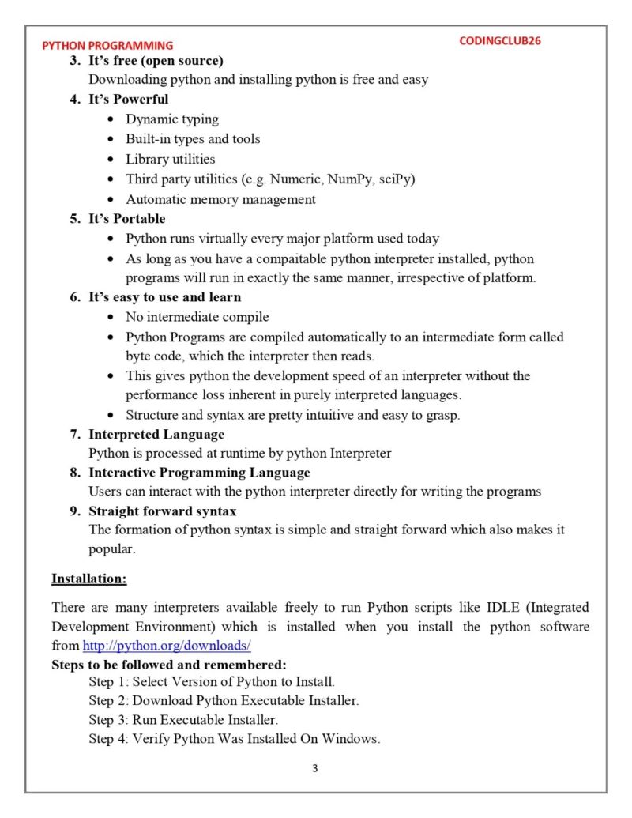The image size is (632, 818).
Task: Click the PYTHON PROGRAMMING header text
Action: (107, 46)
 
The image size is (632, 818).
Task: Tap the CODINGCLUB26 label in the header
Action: (500, 40)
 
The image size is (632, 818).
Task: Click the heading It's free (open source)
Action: (156, 61)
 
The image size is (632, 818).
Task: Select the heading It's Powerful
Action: (128, 100)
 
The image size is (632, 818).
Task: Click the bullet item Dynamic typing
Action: (172, 119)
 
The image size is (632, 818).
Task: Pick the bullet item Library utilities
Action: (170, 159)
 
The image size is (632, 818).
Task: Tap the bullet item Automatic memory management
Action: (220, 199)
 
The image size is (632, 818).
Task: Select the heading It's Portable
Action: (126, 219)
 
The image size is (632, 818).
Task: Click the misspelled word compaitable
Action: (282, 258)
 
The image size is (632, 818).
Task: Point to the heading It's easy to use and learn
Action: (164, 297)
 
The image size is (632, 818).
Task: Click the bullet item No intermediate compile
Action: (197, 317)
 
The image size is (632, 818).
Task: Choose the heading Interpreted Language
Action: (156, 435)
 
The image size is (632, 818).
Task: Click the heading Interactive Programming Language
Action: (199, 473)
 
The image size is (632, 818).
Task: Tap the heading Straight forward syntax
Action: (162, 511)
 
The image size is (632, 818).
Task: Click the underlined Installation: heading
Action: (88, 579)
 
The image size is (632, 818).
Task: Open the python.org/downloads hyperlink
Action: (167, 646)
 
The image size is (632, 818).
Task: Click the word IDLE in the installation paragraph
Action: (499, 608)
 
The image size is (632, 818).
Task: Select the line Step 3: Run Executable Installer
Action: (183, 721)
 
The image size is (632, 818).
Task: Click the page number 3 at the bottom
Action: (314, 768)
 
